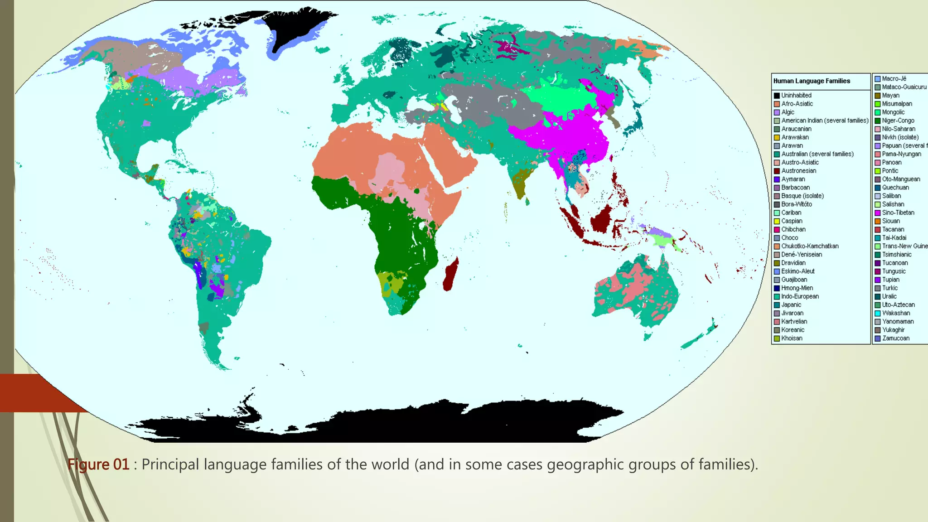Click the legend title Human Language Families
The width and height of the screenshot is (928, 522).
tap(812, 81)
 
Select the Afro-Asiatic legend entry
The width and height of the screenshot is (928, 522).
tap(797, 104)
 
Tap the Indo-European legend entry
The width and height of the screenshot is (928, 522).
tap(800, 296)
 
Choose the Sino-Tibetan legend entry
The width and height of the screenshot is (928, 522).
tap(898, 213)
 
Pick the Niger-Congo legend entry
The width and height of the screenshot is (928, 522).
tap(898, 121)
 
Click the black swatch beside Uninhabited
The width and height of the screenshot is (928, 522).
tap(777, 96)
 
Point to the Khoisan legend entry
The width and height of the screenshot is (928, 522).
tap(792, 338)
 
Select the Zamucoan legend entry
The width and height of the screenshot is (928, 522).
tap(895, 338)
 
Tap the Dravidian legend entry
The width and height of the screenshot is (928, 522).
tap(793, 263)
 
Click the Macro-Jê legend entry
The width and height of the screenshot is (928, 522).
tap(894, 79)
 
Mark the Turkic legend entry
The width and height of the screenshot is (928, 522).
tap(889, 288)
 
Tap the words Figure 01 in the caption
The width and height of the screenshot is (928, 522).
tap(98, 464)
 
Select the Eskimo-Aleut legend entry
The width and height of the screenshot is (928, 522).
tap(797, 271)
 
